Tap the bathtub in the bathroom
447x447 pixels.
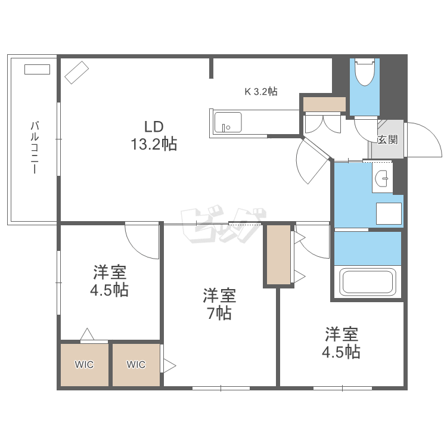pyautogui.click(x=367, y=281)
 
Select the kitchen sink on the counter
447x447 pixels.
pyautogui.click(x=228, y=122)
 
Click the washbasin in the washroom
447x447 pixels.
pyautogui.click(x=383, y=178)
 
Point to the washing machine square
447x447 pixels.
pyautogui.click(x=389, y=213)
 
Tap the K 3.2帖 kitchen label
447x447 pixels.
pyautogui.click(x=261, y=92)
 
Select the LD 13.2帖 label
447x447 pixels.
pyautogui.click(x=154, y=135)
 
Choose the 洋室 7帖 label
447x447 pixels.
pyautogui.click(x=219, y=303)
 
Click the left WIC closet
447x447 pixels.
pyautogui.click(x=83, y=365)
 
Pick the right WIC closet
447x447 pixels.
pyautogui.click(x=136, y=365)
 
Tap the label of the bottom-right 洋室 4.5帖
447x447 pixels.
pyautogui.click(x=341, y=342)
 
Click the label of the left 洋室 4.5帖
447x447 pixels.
pyautogui.click(x=110, y=281)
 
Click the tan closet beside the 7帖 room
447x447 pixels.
pyautogui.click(x=278, y=255)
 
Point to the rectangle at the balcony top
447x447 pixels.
pyautogui.click(x=37, y=70)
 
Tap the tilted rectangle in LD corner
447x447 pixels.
pyautogui.click(x=76, y=72)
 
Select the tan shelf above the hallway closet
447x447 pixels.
pyautogui.click(x=324, y=104)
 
